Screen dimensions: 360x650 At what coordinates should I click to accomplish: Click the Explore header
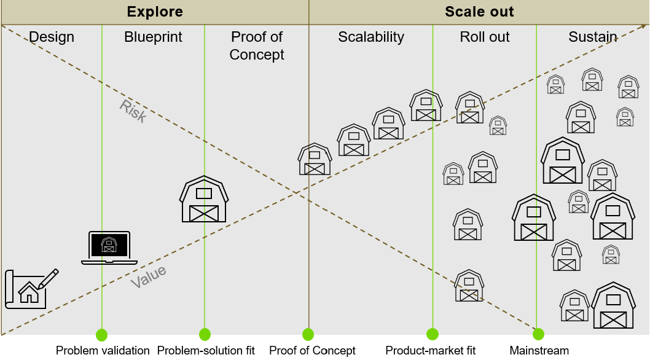(x=155, y=12)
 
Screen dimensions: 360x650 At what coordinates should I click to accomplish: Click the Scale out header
(x=479, y=12)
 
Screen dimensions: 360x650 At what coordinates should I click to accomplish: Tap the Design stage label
(x=52, y=37)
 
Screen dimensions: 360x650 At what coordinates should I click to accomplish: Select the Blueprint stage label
(x=153, y=37)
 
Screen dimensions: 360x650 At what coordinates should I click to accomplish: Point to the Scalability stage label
(x=371, y=37)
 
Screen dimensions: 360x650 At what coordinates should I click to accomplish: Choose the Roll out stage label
(x=485, y=37)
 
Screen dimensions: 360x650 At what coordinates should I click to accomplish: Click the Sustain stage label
(x=593, y=37)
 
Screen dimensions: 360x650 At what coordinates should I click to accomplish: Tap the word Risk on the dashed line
(x=133, y=111)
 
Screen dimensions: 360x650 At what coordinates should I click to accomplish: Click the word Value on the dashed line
(x=148, y=277)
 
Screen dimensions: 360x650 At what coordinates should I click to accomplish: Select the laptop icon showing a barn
(x=109, y=248)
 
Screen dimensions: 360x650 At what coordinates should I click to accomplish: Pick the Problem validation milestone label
(x=103, y=351)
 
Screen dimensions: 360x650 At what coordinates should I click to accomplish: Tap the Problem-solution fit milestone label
(x=206, y=351)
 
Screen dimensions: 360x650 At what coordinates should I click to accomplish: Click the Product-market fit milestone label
(x=431, y=351)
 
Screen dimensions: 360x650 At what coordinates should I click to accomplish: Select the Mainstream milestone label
(x=539, y=351)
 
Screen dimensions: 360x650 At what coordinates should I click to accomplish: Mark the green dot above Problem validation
(x=102, y=335)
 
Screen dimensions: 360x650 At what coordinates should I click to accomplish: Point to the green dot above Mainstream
(x=538, y=334)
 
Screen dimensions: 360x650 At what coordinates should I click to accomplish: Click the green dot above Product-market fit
(x=433, y=334)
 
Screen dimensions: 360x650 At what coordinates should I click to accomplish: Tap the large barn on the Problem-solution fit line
(x=204, y=199)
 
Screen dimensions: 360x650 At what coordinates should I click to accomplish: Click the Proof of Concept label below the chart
(x=312, y=351)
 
